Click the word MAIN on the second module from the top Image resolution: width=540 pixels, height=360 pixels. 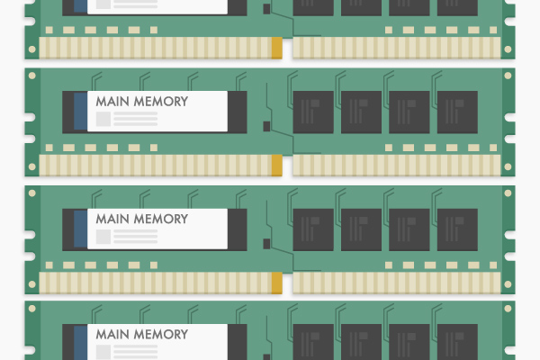(x=112, y=102)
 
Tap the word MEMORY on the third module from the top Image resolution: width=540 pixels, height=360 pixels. (x=161, y=219)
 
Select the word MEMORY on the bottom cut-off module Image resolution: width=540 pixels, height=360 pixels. (x=161, y=334)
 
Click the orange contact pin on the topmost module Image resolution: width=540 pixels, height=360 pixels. (x=277, y=48)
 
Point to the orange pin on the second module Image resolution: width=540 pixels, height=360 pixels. (x=277, y=166)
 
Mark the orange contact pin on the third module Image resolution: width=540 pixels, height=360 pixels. (x=277, y=283)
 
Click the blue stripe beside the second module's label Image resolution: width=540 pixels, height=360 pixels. (x=81, y=111)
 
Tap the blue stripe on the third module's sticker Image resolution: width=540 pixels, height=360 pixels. (x=81, y=229)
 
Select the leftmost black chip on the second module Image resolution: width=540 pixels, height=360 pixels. (x=313, y=112)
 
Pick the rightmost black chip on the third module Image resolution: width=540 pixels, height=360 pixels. (x=457, y=229)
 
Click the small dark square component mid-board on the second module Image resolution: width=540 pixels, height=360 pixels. (x=266, y=126)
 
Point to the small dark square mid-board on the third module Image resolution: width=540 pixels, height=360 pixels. (x=266, y=244)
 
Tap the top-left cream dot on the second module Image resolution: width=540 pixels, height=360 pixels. (x=32, y=76)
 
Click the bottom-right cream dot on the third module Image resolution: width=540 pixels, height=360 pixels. (x=508, y=284)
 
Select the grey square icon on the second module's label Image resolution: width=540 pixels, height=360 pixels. (x=103, y=119)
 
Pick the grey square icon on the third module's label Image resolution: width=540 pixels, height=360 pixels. (x=103, y=237)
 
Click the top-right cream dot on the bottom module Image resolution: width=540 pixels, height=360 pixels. (x=508, y=309)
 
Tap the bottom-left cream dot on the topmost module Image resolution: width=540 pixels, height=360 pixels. (x=32, y=49)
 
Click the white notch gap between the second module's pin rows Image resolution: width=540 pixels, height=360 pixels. (x=288, y=166)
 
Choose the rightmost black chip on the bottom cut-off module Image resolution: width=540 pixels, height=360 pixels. (x=457, y=342)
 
